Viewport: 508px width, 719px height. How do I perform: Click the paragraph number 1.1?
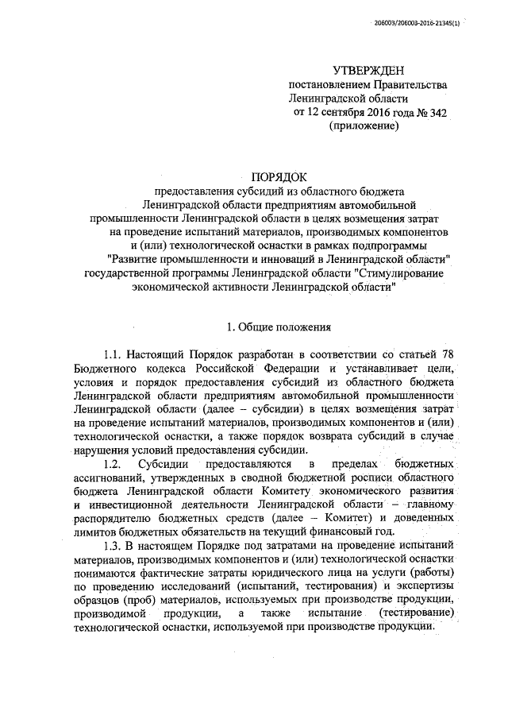[114, 354]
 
